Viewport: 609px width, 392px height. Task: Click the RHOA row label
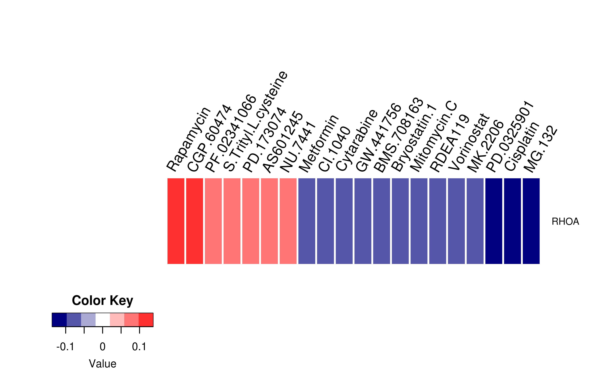565,221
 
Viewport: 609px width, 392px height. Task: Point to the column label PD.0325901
509,136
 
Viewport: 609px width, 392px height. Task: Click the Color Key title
102,301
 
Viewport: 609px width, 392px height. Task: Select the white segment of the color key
103,320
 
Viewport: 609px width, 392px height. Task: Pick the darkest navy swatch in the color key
59,320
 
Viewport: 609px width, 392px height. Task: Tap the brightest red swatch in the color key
146,320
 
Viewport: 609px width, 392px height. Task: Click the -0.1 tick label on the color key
65,347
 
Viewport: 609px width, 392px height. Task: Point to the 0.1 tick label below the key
139,347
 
